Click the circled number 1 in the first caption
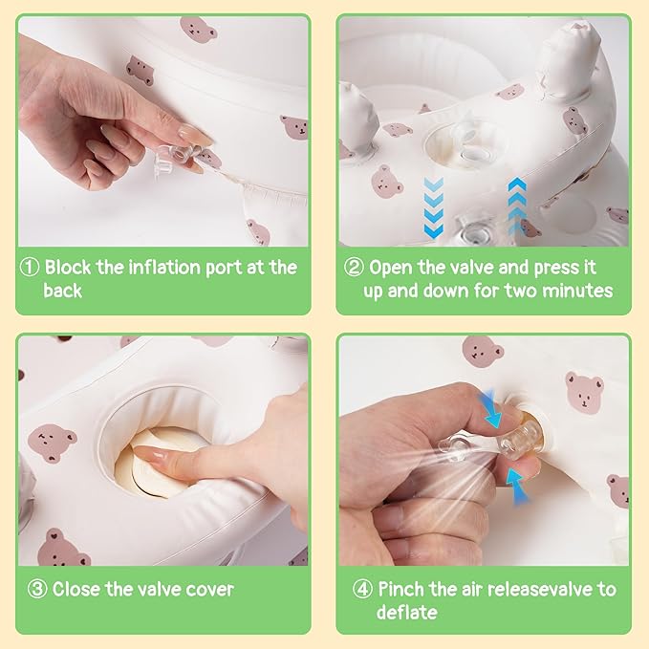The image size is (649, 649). [x=30, y=268]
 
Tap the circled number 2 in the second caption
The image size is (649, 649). [x=354, y=268]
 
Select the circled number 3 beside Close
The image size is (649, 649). [x=37, y=589]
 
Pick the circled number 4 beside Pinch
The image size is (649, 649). [x=362, y=589]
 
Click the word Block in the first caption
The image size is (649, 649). [x=68, y=267]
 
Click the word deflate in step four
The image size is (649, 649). [x=406, y=612]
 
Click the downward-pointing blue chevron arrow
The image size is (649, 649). [x=434, y=207]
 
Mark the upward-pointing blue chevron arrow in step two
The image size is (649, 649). [x=517, y=206]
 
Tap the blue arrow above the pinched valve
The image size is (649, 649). [x=491, y=408]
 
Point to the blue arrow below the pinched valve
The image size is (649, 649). [x=518, y=486]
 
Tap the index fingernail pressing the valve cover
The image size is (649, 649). [x=148, y=455]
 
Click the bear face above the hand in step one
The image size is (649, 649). [x=140, y=70]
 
